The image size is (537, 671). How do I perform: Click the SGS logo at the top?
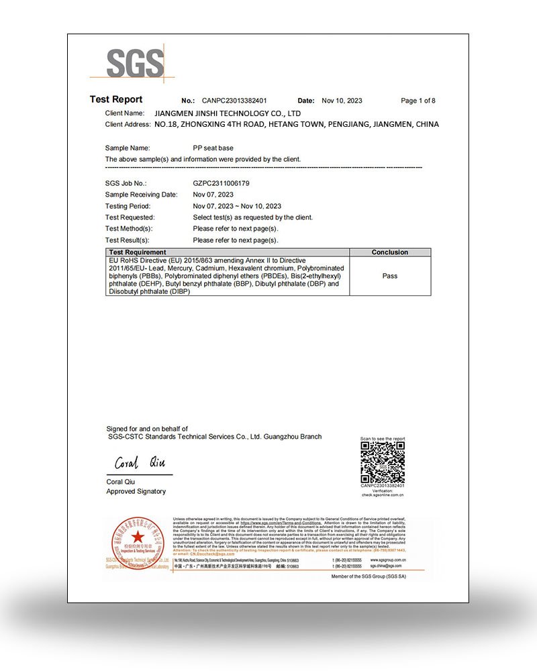(x=135, y=64)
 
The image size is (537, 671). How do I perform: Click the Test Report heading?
(x=116, y=100)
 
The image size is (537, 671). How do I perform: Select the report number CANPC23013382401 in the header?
(x=234, y=101)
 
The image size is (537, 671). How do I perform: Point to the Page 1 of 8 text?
(x=418, y=101)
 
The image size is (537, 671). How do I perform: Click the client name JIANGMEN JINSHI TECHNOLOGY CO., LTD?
(x=228, y=113)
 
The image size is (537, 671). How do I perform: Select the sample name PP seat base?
(x=213, y=148)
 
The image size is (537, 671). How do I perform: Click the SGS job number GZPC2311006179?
(x=221, y=183)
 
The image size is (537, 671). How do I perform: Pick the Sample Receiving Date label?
(x=141, y=195)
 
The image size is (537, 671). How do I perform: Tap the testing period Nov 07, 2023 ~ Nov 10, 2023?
(x=237, y=206)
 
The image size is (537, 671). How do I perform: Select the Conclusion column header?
(x=389, y=252)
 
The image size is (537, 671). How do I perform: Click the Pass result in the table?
(x=389, y=276)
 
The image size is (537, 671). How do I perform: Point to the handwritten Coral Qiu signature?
(x=139, y=463)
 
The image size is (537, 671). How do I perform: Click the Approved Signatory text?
(x=136, y=491)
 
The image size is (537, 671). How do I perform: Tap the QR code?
(x=383, y=463)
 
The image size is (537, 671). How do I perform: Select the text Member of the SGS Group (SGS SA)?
(x=369, y=576)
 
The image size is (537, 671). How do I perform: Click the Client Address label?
(x=128, y=125)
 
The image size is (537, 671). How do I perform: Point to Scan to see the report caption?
(x=383, y=439)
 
